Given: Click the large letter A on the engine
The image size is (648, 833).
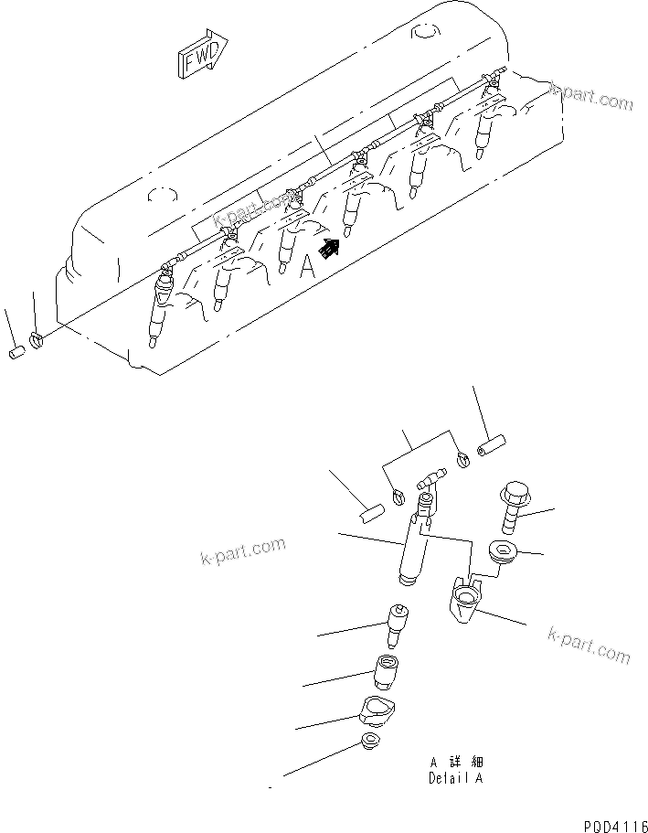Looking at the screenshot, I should coord(308,265).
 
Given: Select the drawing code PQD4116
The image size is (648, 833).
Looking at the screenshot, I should coord(612,823).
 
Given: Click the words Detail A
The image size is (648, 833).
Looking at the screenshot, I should coord(454,778).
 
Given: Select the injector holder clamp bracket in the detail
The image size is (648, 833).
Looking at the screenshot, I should coord(469,602).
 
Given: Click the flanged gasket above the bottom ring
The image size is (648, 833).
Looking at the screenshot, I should coord(376,710).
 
